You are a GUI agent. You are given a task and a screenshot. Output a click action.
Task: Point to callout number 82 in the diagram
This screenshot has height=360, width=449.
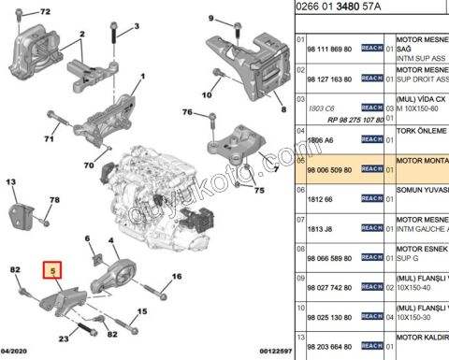point(14,270)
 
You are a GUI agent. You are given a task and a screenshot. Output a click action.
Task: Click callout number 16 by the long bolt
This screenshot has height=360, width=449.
point(176,278)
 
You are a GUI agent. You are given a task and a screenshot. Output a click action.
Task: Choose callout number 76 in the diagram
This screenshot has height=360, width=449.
point(186,113)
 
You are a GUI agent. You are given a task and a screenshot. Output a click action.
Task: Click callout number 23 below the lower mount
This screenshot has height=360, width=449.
point(63,338)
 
